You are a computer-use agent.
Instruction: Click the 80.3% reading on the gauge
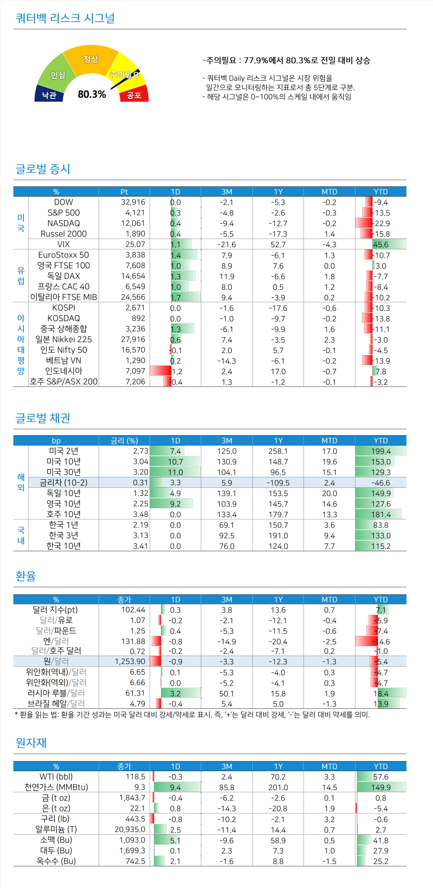pyautogui.click(x=92, y=94)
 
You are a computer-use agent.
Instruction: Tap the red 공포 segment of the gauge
pyautogui.click(x=134, y=94)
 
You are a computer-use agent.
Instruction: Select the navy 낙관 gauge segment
pyautogui.click(x=49, y=94)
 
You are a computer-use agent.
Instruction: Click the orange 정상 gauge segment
pyautogui.click(x=91, y=59)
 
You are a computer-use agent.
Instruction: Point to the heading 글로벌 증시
pyautogui.click(x=43, y=169)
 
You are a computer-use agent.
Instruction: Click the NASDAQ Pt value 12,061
pyautogui.click(x=133, y=223)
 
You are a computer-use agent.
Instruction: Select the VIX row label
pyautogui.click(x=64, y=244)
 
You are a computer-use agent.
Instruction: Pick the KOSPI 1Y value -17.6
pyautogui.click(x=278, y=308)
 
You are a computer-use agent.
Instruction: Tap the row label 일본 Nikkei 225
pyautogui.click(x=64, y=339)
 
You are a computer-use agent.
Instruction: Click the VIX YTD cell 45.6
pyautogui.click(x=381, y=245)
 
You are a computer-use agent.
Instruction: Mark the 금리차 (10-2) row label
pyautogui.click(x=64, y=482)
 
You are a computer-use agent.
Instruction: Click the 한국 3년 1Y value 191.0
pyautogui.click(x=278, y=535)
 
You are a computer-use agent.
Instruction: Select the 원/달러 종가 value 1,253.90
pyautogui.click(x=130, y=661)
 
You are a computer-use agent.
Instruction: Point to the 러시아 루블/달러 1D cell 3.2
pyautogui.click(x=175, y=693)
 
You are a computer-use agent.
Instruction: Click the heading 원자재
pyautogui.click(x=31, y=742)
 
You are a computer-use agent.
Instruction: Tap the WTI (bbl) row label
pyautogui.click(x=56, y=776)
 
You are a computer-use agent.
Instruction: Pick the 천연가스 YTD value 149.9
pyautogui.click(x=381, y=787)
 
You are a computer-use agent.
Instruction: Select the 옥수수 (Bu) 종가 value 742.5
pyautogui.click(x=135, y=861)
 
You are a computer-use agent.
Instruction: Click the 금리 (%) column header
pyautogui.click(x=124, y=441)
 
